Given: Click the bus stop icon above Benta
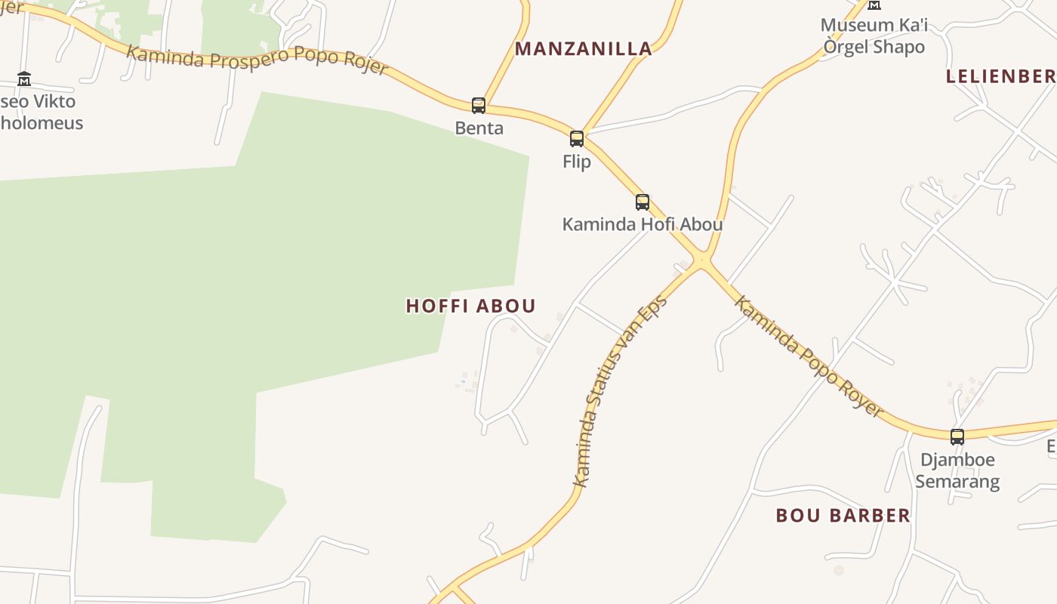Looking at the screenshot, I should click(478, 105).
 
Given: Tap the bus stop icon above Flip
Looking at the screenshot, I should click(577, 138).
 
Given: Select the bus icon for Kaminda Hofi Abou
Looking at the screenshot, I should click(643, 202).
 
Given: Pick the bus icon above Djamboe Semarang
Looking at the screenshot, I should click(957, 436).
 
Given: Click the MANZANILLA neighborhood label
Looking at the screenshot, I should click(583, 49).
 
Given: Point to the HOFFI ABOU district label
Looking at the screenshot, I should click(471, 306).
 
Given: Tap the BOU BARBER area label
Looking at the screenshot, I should click(843, 516).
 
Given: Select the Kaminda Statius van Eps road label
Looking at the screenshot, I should click(620, 390).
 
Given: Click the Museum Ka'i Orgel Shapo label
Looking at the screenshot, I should click(874, 35).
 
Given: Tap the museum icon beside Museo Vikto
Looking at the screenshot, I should click(24, 79).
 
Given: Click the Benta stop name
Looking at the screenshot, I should click(479, 128).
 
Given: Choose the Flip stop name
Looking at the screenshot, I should click(577, 162).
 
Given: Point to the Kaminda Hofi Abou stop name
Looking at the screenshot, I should click(643, 224).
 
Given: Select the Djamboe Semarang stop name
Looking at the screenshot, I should click(957, 470).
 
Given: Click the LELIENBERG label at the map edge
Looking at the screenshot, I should click(1001, 76).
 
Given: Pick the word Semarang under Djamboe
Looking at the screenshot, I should click(957, 481).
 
